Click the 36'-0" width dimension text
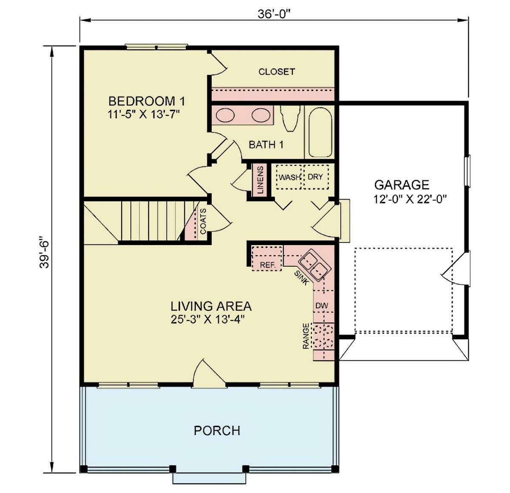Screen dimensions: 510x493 tap(274, 14)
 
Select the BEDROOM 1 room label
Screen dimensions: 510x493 tap(147, 101)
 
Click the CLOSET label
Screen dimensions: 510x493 tap(277, 71)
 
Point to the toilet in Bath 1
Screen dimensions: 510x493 tap(289, 118)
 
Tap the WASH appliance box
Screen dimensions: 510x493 tap(289, 177)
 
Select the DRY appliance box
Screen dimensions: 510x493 tap(316, 177)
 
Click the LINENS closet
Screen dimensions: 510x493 tap(259, 180)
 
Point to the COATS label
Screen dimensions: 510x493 tap(203, 221)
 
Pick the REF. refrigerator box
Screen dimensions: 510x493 tap(266, 258)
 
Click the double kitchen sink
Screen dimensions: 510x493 tap(315, 265)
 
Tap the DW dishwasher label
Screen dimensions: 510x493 tap(322, 305)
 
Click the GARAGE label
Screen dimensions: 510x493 tap(402, 185)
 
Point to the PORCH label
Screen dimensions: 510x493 tap(217, 430)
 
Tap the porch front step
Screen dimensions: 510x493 tap(209, 478)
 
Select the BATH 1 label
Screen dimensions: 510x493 tap(266, 145)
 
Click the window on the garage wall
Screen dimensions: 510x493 tap(467, 171)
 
